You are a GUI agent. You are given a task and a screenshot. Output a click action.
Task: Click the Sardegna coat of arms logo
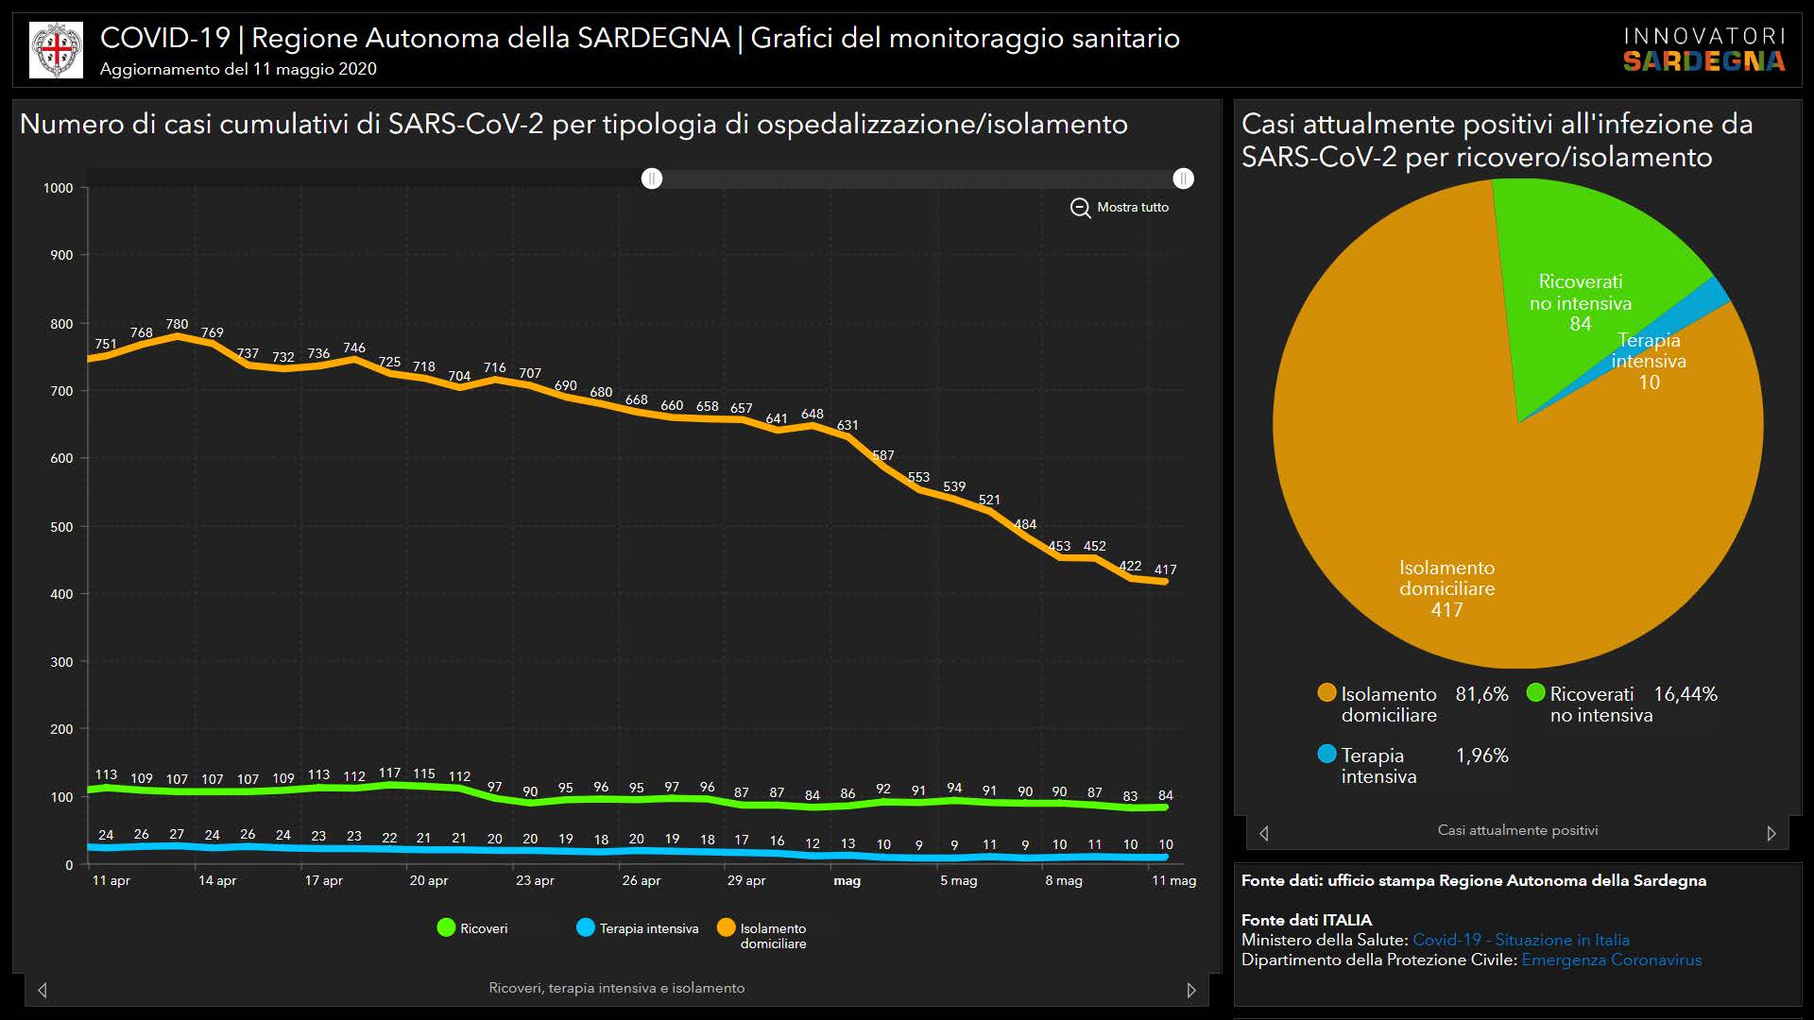(x=57, y=50)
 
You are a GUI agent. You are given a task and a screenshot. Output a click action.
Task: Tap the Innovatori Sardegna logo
(x=1703, y=50)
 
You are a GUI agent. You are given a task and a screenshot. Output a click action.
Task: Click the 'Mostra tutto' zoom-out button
(x=1120, y=208)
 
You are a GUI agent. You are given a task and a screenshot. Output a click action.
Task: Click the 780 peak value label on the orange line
(x=177, y=324)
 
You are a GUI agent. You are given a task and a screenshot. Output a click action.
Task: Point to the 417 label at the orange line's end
(x=1165, y=569)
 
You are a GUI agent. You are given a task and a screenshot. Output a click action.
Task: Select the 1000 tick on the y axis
(x=59, y=188)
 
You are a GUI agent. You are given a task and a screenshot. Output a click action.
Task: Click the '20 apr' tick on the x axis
(x=428, y=880)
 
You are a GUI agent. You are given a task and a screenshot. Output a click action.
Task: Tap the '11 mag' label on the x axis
(x=1173, y=880)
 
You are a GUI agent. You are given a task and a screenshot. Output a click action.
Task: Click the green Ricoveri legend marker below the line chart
(x=447, y=928)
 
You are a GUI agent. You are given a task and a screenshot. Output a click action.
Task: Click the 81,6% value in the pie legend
(x=1481, y=694)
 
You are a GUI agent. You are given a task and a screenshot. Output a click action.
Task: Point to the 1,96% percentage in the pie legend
(x=1481, y=756)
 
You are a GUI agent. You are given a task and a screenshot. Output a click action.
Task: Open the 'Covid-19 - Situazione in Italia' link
(x=1520, y=940)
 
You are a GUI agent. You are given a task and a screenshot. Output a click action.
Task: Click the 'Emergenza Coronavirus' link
(x=1611, y=960)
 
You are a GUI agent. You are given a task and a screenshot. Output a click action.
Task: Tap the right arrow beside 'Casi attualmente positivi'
(x=1771, y=833)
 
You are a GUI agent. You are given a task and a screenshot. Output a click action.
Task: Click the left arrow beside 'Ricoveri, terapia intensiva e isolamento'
(x=43, y=990)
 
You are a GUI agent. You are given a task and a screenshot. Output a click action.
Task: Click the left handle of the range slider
(x=652, y=178)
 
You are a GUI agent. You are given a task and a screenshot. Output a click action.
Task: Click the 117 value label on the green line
(x=389, y=773)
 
